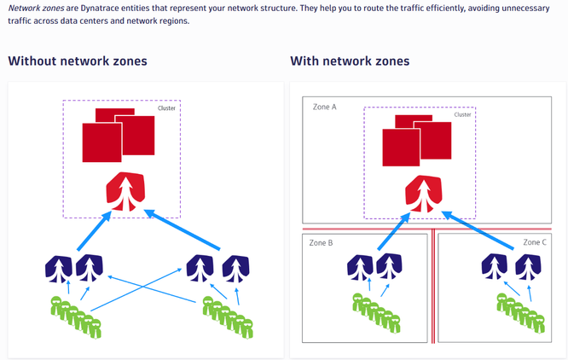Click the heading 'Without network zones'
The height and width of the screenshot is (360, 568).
(78, 61)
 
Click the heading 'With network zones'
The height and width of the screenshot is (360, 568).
(350, 61)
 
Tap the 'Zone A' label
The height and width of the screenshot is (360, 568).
(325, 107)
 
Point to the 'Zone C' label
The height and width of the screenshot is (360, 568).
(535, 243)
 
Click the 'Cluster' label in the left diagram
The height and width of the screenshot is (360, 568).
(166, 108)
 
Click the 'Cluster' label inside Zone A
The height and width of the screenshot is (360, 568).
(462, 114)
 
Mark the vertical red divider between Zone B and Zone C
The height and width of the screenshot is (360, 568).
(433, 286)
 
